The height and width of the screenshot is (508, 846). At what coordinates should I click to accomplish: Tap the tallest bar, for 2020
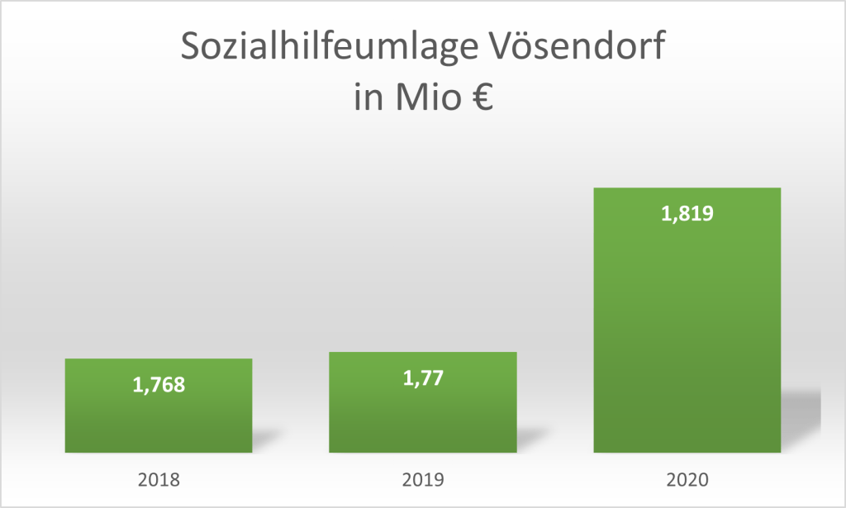click(x=687, y=330)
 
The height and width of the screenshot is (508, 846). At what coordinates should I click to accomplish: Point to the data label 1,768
click(x=158, y=385)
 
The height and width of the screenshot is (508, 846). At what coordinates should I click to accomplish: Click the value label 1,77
click(x=422, y=378)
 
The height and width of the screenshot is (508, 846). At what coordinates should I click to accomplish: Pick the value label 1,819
click(x=687, y=214)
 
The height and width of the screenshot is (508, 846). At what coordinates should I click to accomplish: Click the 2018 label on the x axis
click(x=158, y=478)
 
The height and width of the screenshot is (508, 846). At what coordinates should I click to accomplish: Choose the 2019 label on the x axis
click(x=422, y=478)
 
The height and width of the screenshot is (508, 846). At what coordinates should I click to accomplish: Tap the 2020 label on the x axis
click(x=687, y=478)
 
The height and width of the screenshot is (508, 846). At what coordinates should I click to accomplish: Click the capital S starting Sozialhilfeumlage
click(x=191, y=48)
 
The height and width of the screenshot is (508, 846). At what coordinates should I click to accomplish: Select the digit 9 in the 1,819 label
click(x=706, y=214)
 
